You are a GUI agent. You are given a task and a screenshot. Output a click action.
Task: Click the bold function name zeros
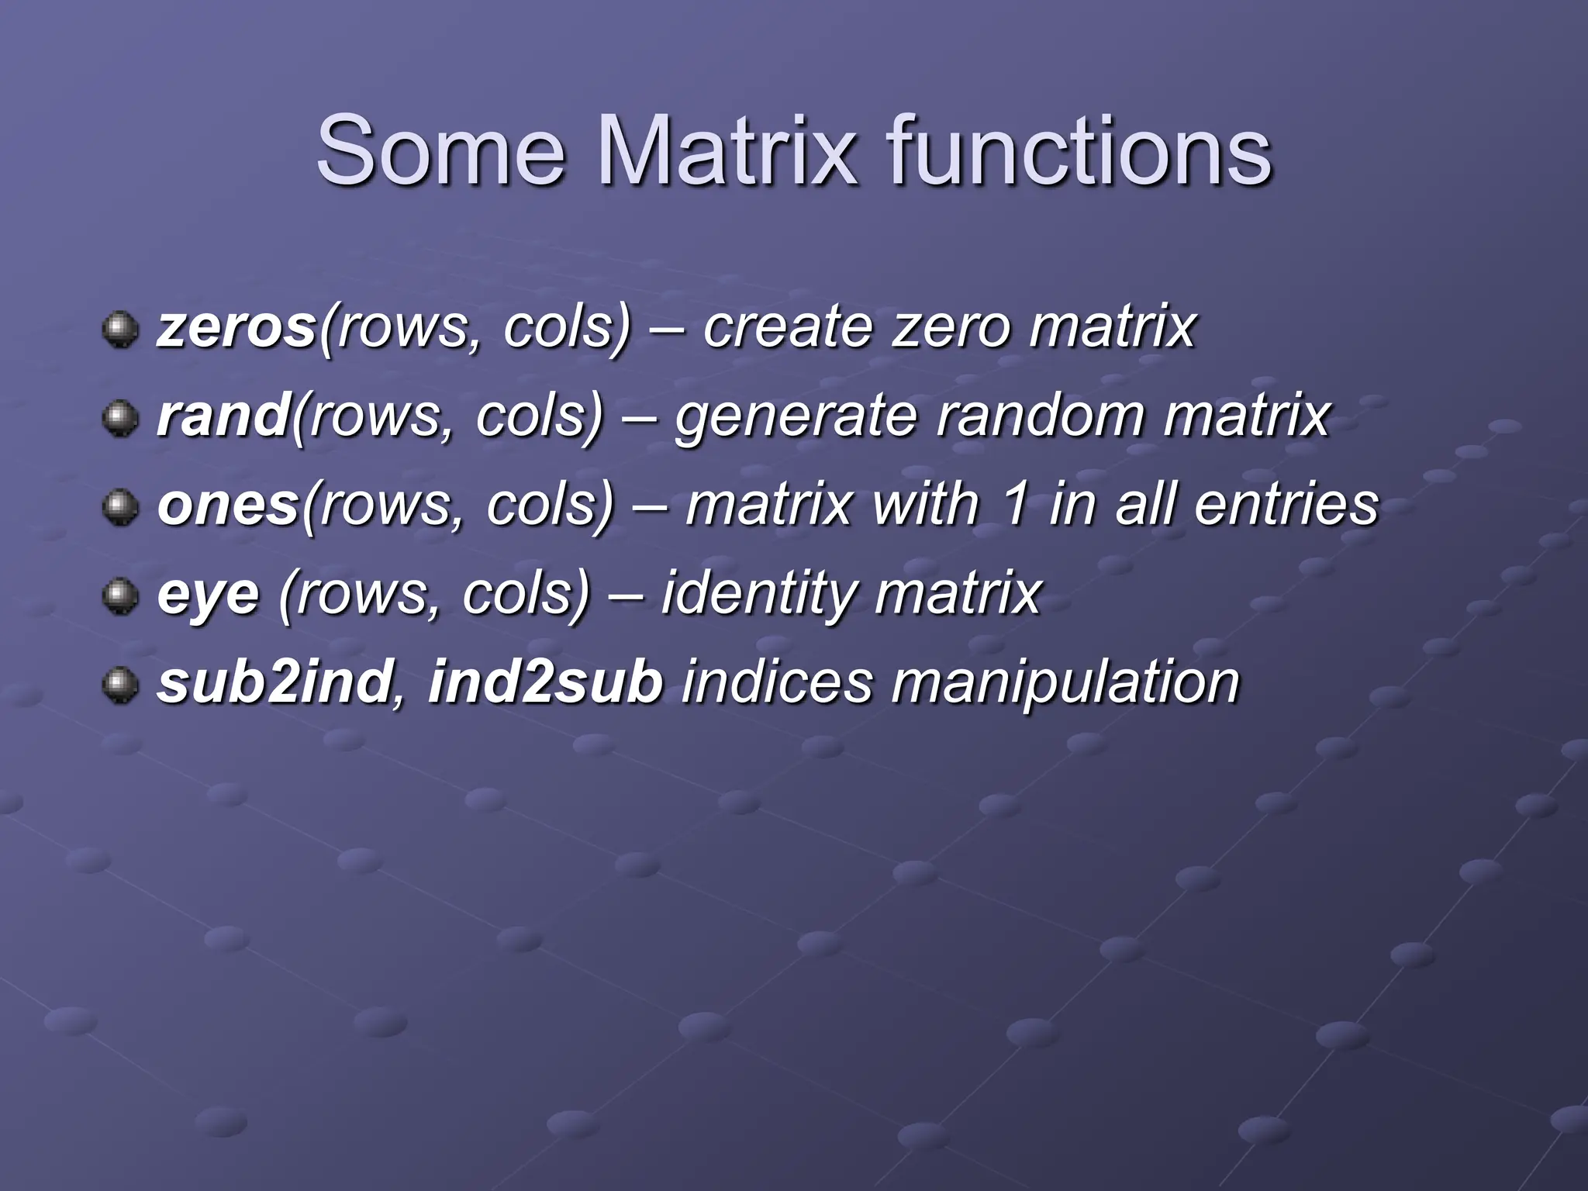(236, 328)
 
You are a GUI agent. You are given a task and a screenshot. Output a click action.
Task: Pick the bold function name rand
(223, 416)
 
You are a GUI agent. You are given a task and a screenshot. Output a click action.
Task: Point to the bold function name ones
(228, 506)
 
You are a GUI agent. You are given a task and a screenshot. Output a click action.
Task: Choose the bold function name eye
(208, 595)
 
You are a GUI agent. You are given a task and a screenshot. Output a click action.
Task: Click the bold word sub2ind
(274, 683)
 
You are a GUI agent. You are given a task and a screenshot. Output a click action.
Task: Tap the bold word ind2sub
(545, 683)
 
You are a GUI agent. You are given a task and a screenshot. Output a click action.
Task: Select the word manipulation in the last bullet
(1065, 685)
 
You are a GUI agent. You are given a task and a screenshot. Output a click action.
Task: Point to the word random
(1040, 416)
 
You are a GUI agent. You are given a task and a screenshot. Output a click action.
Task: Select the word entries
(1286, 506)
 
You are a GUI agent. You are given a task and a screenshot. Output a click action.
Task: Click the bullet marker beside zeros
(119, 330)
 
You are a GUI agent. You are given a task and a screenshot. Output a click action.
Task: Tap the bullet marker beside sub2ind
(119, 686)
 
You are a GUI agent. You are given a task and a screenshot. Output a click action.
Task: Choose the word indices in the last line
(777, 683)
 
